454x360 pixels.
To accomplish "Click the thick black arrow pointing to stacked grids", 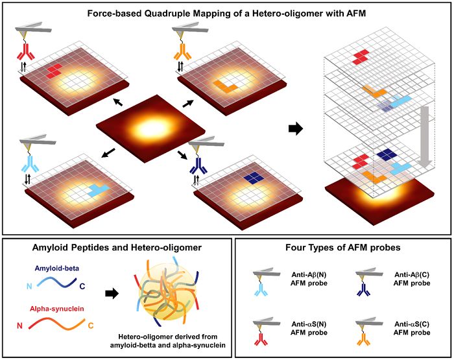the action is pyautogui.click(x=296, y=128).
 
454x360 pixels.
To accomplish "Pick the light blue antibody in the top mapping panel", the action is pyautogui.click(x=30, y=164).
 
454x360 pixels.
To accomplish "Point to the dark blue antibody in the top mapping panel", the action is pyautogui.click(x=199, y=166).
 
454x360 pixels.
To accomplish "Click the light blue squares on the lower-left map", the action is pyautogui.click(x=99, y=189).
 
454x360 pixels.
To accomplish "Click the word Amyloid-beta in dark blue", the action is pyautogui.click(x=57, y=268).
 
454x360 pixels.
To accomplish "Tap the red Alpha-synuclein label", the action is pyautogui.click(x=57, y=309).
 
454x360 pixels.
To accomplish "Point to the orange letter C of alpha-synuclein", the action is pyautogui.click(x=91, y=326).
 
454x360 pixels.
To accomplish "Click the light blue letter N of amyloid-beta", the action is pyautogui.click(x=29, y=286).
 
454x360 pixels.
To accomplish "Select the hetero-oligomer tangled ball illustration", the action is pyautogui.click(x=167, y=293).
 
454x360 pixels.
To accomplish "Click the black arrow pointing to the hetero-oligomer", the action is pyautogui.click(x=112, y=294).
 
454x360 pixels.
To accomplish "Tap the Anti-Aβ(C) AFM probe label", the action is pyautogui.click(x=412, y=279).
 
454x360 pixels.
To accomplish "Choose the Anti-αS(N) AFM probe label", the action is pyautogui.click(x=309, y=328).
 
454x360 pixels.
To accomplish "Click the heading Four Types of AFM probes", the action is pyautogui.click(x=343, y=247).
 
